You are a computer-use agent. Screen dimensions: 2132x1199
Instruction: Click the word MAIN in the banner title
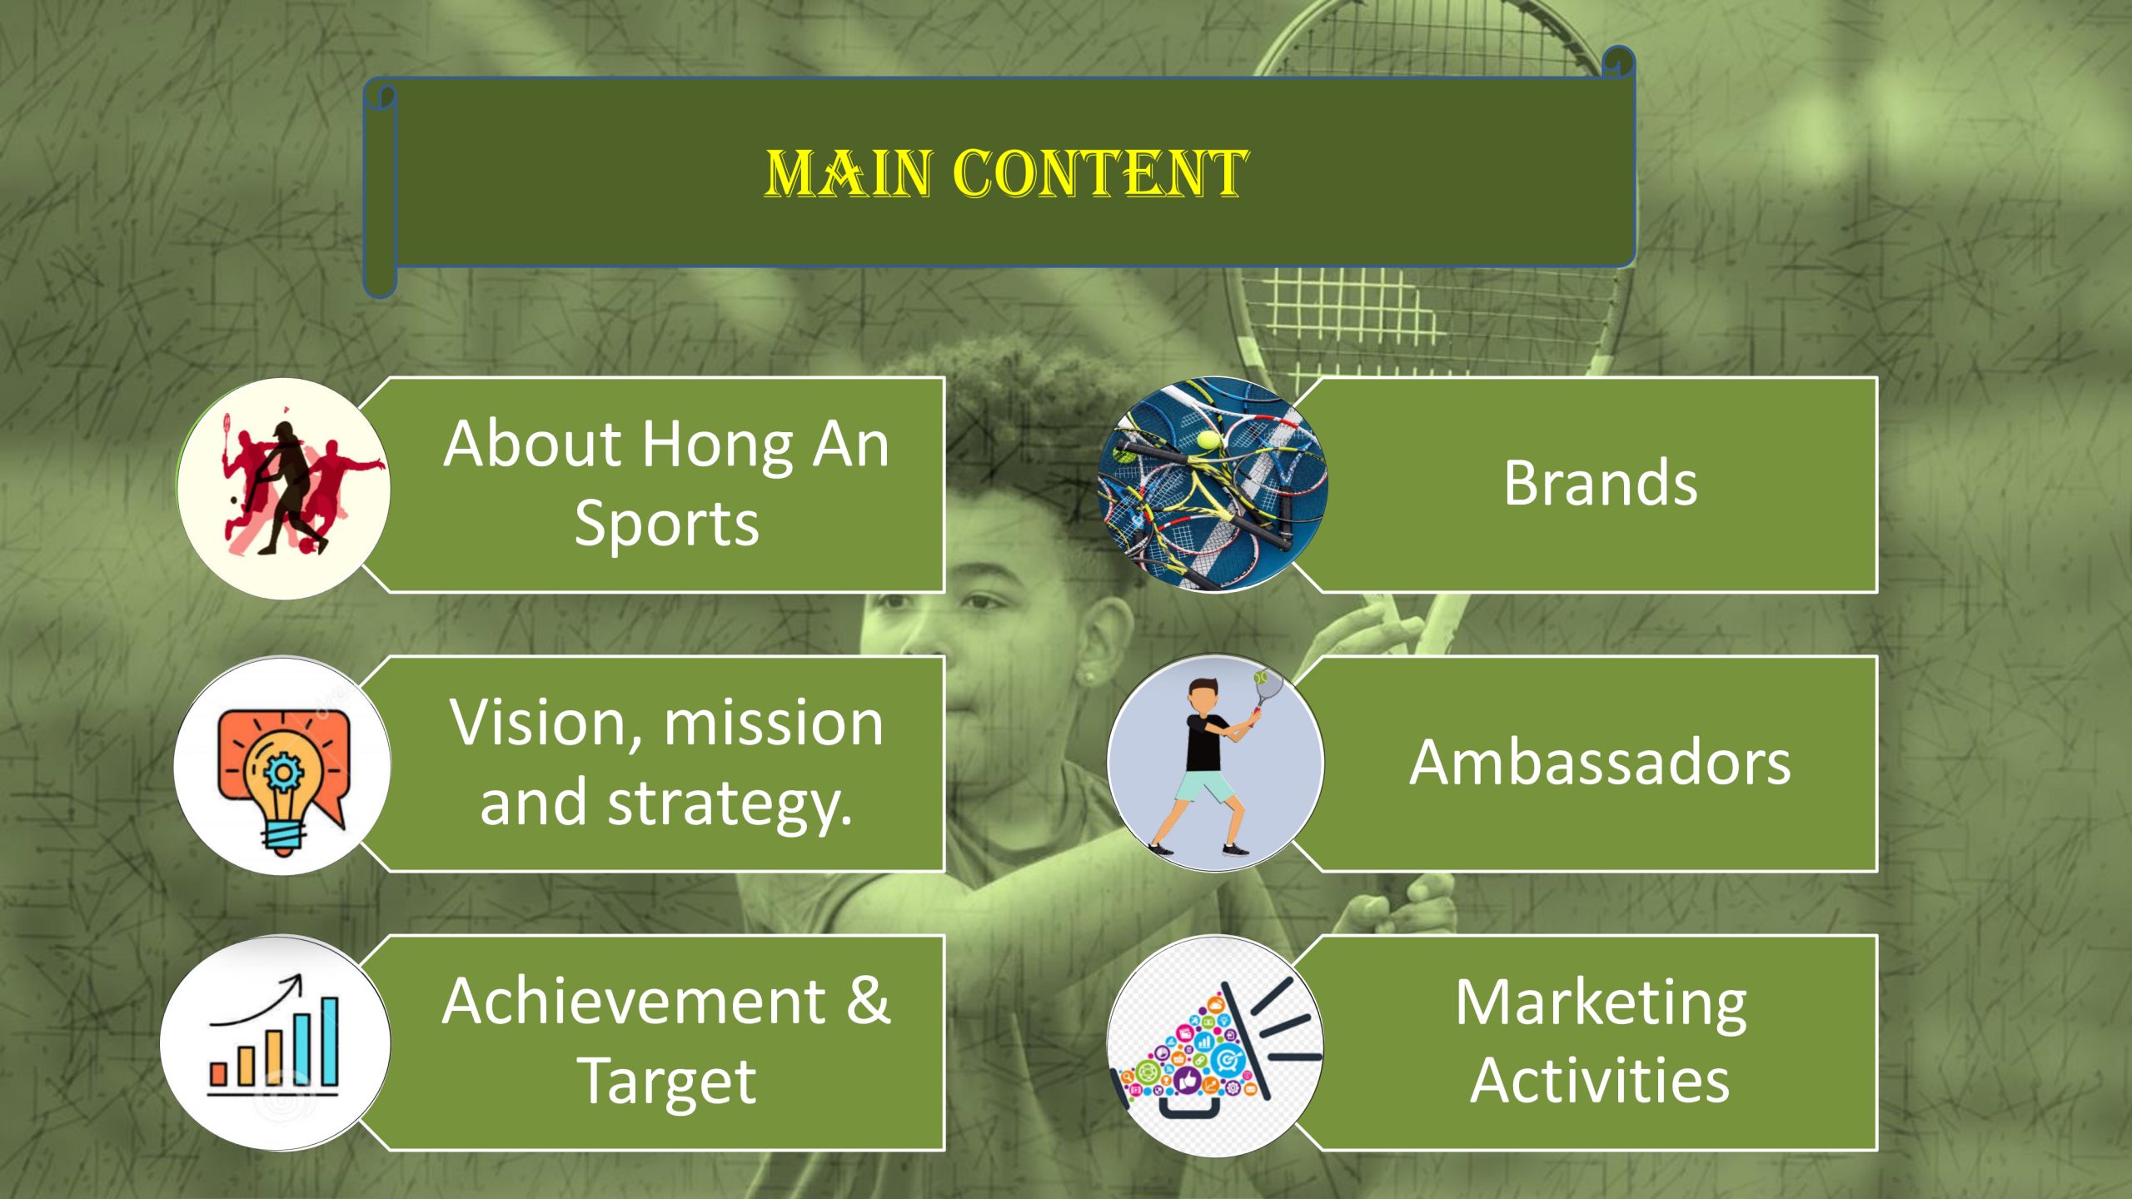pyautogui.click(x=848, y=174)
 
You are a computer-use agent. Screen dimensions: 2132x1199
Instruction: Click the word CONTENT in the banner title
pyautogui.click(x=1100, y=174)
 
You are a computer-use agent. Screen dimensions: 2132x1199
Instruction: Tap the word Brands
pyautogui.click(x=1600, y=483)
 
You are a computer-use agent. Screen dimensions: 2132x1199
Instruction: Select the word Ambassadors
pyautogui.click(x=1600, y=762)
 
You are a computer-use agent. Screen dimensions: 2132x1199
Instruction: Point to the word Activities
pyautogui.click(x=1600, y=1080)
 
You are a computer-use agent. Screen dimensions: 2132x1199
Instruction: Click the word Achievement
pyautogui.click(x=634, y=1001)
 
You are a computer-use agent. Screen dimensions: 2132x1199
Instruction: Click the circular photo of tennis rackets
pyautogui.click(x=1213, y=485)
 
